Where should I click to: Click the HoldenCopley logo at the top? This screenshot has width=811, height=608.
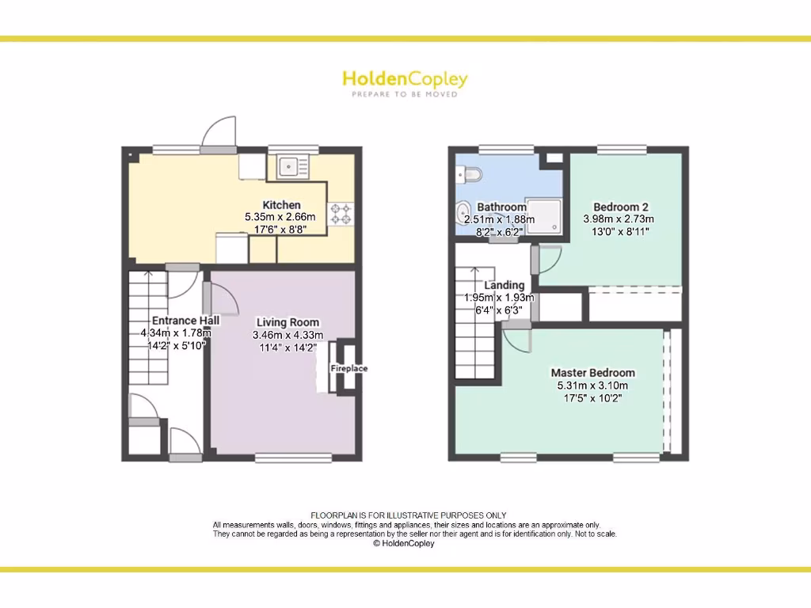pos(405,79)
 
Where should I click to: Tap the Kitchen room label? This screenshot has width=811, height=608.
pos(281,205)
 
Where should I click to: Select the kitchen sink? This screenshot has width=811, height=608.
pos(292,166)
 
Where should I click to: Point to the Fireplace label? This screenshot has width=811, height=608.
pos(348,368)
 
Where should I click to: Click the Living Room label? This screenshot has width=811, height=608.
pos(287,322)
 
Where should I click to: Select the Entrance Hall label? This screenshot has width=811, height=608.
pos(185,321)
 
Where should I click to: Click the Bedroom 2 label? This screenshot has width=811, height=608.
pos(616,207)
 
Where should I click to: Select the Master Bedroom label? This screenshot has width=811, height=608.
pos(592,372)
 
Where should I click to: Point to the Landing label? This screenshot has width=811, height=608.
pos(504,285)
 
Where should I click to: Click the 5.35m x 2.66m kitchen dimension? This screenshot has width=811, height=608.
pos(280,217)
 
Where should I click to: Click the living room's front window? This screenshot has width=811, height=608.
pos(293,458)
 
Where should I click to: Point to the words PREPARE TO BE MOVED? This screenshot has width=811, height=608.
pos(405,94)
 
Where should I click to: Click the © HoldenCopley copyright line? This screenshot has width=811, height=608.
pos(404,544)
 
